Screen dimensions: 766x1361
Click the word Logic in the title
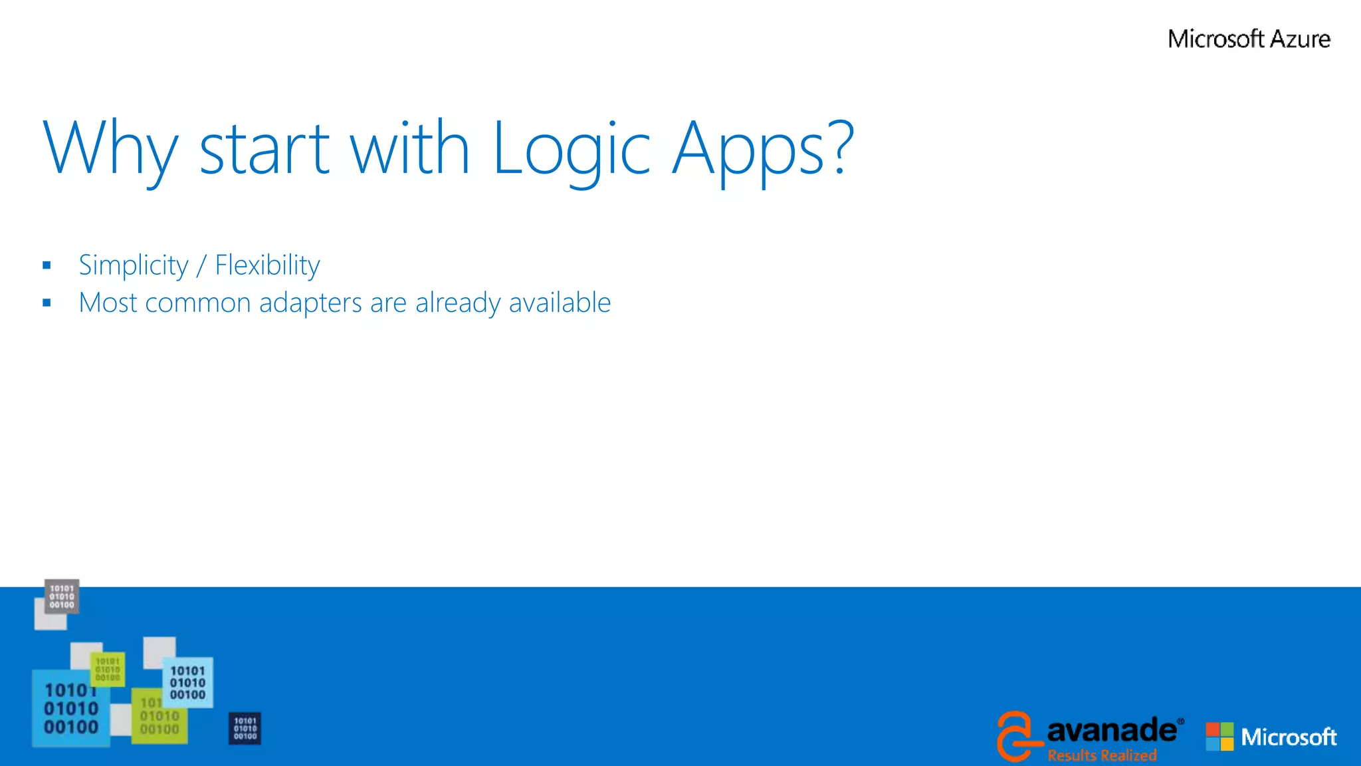pos(571,149)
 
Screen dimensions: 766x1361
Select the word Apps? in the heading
pos(762,149)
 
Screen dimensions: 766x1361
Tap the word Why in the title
pos(110,149)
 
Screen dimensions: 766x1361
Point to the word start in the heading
pos(264,149)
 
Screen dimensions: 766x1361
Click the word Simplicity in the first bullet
pos(134,265)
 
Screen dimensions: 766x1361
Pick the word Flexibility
pos(267,265)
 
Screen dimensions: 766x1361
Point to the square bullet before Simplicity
pos(47,266)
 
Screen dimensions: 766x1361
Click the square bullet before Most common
pos(47,303)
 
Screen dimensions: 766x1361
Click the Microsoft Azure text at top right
pos(1249,39)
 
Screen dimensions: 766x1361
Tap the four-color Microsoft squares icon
pos(1219,736)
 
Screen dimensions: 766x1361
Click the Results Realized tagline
pos(1102,755)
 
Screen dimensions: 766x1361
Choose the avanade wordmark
pos(1112,730)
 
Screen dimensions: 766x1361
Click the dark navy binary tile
pos(245,729)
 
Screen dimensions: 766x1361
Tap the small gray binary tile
pos(62,596)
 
